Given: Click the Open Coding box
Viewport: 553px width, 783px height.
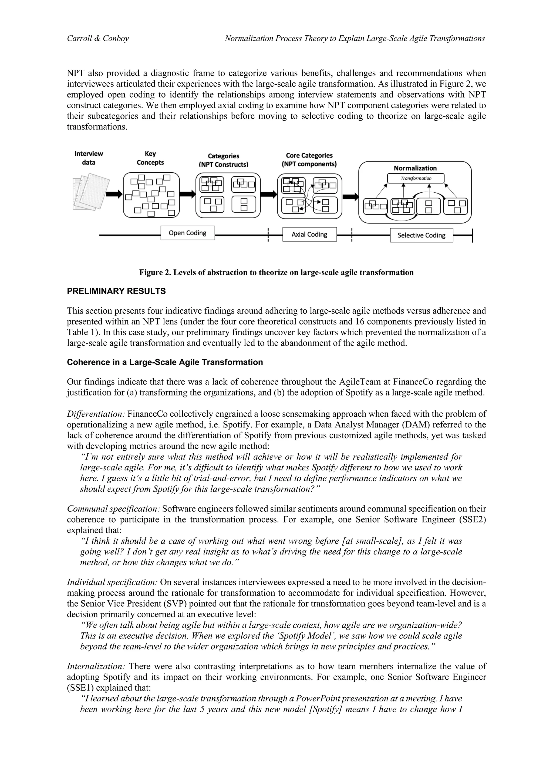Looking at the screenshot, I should click(x=187, y=233).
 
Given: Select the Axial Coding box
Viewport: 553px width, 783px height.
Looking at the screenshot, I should click(x=309, y=235).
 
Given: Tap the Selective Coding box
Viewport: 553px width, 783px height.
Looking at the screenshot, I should click(x=422, y=235).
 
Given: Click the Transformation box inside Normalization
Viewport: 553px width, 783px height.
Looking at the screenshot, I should click(x=416, y=178).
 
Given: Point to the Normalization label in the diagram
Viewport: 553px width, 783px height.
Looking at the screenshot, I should click(x=415, y=168).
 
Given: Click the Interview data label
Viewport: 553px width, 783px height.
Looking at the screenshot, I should click(x=89, y=158).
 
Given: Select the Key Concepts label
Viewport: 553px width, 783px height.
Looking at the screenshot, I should click(x=150, y=158).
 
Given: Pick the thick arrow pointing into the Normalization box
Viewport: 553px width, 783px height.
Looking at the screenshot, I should click(x=350, y=197).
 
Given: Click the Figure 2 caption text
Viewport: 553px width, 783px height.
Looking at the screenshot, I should click(x=276, y=272).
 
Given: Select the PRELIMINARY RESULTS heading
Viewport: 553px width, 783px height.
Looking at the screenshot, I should click(x=116, y=291).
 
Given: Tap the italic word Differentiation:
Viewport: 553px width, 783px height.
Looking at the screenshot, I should click(x=96, y=414).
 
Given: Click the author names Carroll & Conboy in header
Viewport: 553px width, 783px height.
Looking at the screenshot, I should click(x=98, y=39).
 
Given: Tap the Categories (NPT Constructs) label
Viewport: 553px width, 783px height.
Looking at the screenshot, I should click(x=224, y=160).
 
